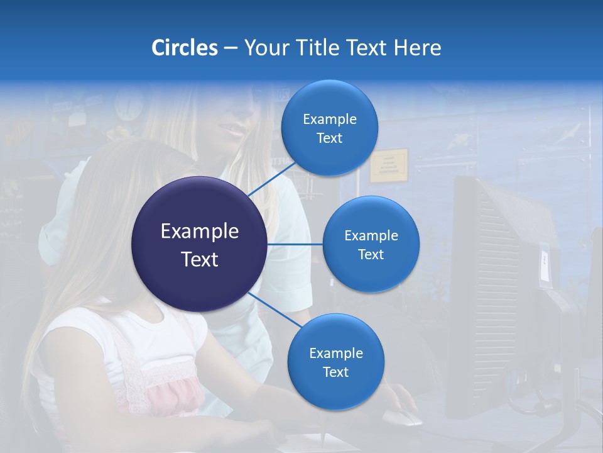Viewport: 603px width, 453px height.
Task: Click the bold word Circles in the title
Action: click(184, 48)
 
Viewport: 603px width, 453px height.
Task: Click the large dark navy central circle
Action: click(199, 244)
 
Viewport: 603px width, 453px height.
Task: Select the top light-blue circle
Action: click(329, 128)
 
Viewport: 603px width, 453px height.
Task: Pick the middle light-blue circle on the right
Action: click(371, 244)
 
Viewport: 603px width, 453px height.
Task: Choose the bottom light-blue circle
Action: click(335, 362)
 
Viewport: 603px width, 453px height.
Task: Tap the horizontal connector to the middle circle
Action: click(295, 244)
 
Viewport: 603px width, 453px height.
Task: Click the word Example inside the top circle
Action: click(329, 119)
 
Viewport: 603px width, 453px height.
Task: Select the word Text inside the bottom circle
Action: click(335, 372)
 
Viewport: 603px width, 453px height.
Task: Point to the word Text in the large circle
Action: click(199, 259)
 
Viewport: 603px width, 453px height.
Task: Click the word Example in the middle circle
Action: click(371, 235)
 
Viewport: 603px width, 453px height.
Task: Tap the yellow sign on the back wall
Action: click(388, 165)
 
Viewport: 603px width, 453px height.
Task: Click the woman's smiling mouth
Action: click(234, 131)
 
